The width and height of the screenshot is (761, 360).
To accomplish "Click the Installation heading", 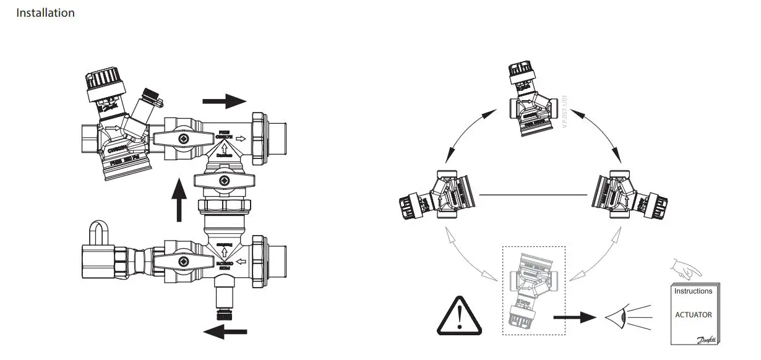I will click(x=45, y=13).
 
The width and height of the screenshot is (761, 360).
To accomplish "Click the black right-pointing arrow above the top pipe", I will click(x=223, y=101).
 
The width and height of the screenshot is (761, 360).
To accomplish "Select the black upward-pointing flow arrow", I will click(x=179, y=200).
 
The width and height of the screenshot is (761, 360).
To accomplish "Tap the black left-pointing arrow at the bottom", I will click(x=225, y=332).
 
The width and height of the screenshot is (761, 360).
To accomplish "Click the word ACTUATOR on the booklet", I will click(x=693, y=315).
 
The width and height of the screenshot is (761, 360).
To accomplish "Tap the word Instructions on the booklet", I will click(x=693, y=291).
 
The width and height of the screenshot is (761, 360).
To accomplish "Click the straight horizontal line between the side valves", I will click(x=533, y=195).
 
